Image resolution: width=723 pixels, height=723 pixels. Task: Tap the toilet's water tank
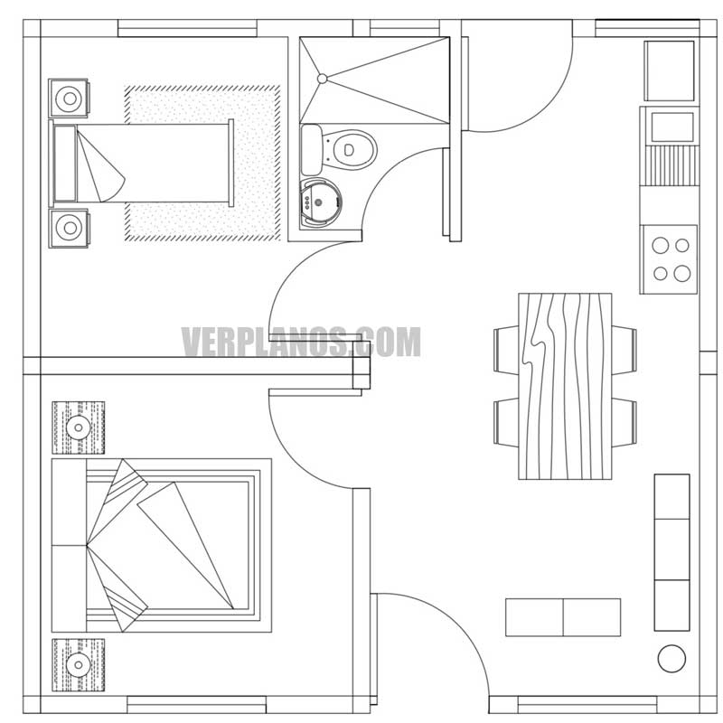tap(311, 150)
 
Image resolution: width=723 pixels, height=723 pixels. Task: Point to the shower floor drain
tap(321, 80)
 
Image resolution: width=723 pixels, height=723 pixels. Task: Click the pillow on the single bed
tap(65, 164)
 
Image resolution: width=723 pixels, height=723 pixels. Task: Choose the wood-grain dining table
tap(565, 385)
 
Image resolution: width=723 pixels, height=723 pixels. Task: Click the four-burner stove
tap(670, 258)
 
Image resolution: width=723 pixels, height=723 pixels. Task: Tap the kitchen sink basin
tap(669, 126)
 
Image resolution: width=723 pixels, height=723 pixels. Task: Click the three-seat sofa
tap(671, 550)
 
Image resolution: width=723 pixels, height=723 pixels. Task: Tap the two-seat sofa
tap(562, 617)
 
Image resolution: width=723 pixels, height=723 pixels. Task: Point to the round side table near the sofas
tap(671, 658)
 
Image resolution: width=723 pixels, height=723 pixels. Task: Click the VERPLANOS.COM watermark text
tap(301, 343)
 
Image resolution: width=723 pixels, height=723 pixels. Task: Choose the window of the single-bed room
tap(189, 28)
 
